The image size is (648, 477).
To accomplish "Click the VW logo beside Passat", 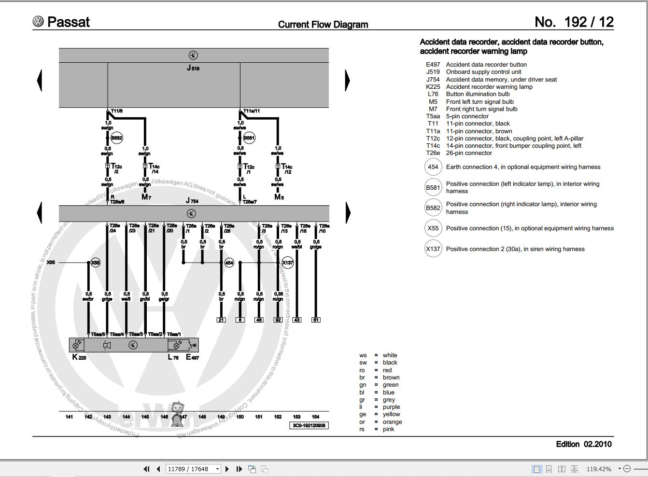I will tap(38, 22).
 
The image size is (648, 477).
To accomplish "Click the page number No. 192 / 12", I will tap(574, 22).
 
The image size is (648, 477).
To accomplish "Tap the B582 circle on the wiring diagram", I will tap(116, 138).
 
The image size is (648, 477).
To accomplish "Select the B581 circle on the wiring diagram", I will tap(249, 138).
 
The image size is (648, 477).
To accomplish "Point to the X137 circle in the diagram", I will tap(287, 263).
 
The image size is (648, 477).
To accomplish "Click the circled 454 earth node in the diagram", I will tap(229, 263).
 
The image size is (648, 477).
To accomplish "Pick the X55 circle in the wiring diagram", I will tap(95, 263).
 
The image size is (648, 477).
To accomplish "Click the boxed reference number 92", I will tap(278, 320).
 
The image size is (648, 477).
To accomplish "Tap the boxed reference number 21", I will tap(221, 320).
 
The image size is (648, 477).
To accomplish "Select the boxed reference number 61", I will tap(316, 320).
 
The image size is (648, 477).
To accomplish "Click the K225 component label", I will tap(79, 357).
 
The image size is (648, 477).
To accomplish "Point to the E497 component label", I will tap(192, 357).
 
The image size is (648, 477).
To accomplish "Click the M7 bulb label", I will tap(146, 197).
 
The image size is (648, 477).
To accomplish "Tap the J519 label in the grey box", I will tap(193, 68).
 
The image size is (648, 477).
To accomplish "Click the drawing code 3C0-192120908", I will tap(309, 425).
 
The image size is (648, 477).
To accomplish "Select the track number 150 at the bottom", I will tap(240, 417).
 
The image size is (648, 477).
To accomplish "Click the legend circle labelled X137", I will tap(433, 249).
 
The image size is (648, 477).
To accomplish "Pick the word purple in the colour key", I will tap(391, 407).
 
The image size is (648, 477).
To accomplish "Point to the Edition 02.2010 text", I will tap(583, 444).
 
